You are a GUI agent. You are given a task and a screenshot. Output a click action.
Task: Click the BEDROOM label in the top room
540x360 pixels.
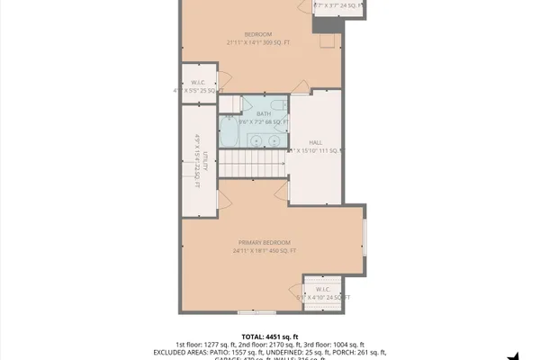tap(262, 34)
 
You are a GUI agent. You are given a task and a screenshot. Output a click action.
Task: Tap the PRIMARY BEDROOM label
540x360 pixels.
tap(265, 243)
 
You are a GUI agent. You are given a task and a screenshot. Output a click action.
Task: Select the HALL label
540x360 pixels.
tap(315, 143)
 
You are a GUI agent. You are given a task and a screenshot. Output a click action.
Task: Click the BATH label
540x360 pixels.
tap(263, 113)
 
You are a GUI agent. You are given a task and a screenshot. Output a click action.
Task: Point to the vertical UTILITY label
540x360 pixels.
tap(204, 160)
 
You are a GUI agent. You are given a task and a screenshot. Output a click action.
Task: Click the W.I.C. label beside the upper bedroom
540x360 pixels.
tap(196, 81)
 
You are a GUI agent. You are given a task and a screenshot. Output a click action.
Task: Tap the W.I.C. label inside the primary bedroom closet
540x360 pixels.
tap(322, 289)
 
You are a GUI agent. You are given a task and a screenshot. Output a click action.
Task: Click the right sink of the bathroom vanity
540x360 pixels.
tap(274, 139)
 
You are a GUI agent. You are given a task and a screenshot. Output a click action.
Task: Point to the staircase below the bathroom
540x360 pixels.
tap(254, 164)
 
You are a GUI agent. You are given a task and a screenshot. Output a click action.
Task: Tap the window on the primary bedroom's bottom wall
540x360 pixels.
tap(256, 312)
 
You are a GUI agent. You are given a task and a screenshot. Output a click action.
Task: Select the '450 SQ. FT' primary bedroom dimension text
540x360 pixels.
tap(277, 252)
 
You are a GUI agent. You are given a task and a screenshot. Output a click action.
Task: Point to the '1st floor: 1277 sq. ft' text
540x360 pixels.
tap(205, 344)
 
